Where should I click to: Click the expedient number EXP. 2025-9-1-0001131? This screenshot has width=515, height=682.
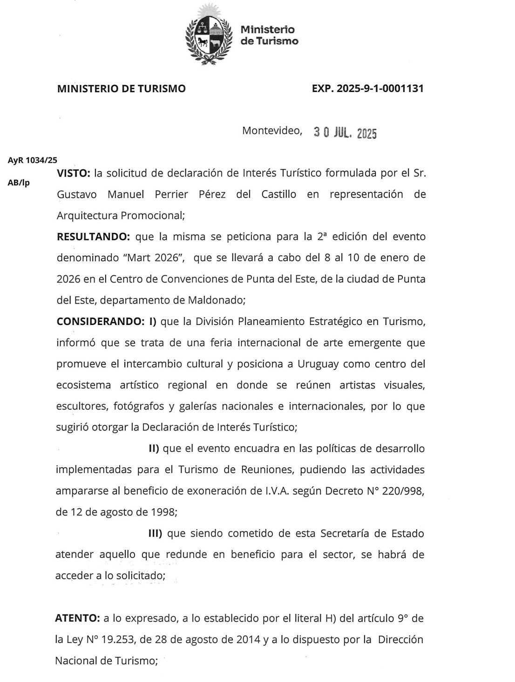pos(367,88)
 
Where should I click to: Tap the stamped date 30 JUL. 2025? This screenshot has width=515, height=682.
pos(345,133)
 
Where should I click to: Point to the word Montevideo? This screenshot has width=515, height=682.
pos(272,131)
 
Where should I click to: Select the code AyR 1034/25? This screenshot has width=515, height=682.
pos(33,160)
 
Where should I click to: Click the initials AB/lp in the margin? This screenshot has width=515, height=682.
pos(19,183)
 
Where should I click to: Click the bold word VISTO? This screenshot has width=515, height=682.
pos(73,173)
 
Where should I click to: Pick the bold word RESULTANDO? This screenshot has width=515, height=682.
pos(93,237)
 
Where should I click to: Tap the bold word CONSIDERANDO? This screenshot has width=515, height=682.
pos(100,322)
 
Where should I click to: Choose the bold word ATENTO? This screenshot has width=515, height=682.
pos(77,618)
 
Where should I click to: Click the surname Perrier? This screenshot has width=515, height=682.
pos(171,194)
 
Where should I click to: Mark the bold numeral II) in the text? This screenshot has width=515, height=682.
pos(154,449)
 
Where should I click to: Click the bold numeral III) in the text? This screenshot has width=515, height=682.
pos(155,533)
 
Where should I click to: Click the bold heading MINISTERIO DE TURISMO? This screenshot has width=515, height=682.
pos(121,88)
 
